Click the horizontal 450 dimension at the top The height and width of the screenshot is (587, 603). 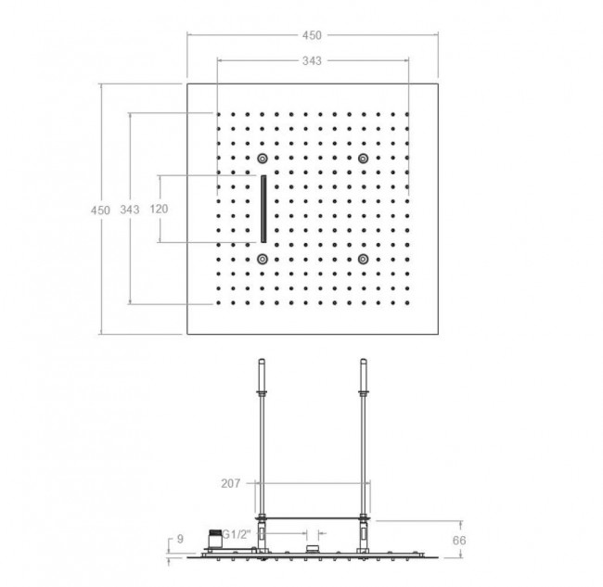(312, 35)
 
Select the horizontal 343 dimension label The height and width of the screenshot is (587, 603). (312, 60)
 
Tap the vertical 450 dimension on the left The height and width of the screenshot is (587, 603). (100, 211)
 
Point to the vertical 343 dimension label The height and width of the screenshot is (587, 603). (130, 210)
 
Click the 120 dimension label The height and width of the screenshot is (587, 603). (159, 210)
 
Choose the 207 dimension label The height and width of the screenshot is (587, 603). (231, 483)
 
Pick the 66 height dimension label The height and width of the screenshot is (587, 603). (459, 541)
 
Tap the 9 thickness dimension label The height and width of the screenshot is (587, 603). (180, 539)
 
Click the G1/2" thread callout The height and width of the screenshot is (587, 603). (237, 534)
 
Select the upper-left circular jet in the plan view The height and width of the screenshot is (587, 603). (263, 158)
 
